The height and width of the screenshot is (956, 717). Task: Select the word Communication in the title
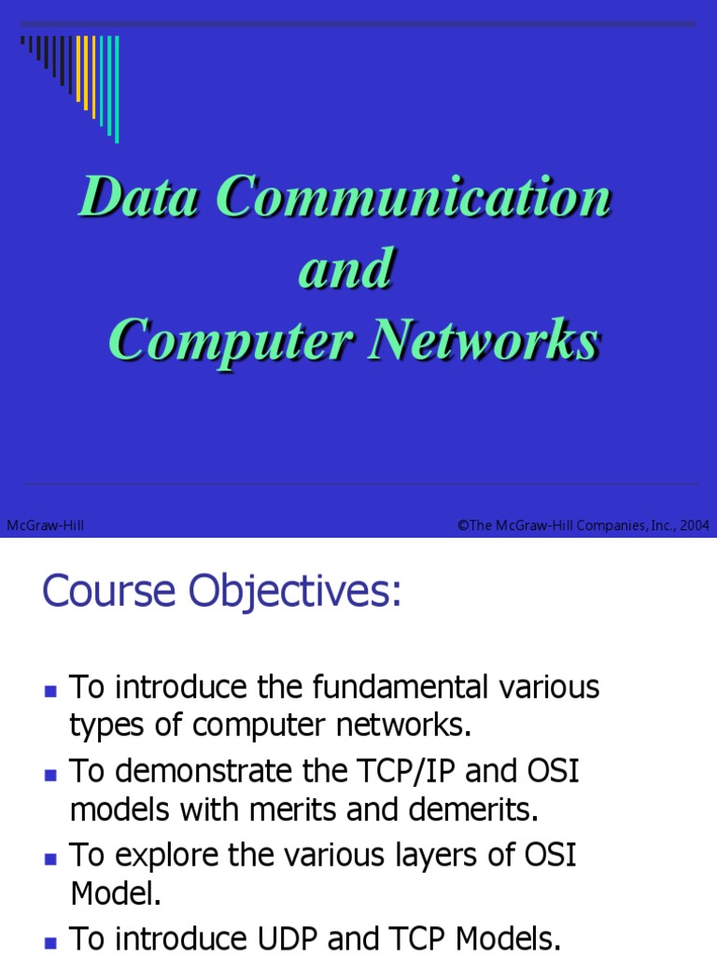414,197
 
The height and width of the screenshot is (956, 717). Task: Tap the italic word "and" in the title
344,269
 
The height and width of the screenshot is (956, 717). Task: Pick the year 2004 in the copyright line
695,526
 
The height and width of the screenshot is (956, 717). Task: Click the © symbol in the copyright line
462,526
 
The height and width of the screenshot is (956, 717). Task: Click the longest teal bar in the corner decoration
117,89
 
